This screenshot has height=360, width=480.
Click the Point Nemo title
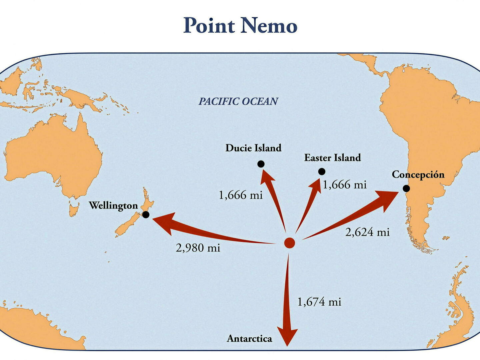[240, 25]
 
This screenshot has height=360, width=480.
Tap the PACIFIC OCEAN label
[238, 101]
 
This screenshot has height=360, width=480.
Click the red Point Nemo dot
[289, 243]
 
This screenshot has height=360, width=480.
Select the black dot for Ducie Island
[261, 164]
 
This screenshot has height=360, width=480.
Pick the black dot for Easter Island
[321, 171]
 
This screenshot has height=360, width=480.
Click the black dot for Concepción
[406, 188]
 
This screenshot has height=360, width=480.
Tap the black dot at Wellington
[146, 215]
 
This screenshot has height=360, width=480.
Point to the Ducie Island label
[253, 148]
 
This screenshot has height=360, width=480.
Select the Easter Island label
[332, 158]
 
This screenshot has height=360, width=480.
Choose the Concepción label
[418, 175]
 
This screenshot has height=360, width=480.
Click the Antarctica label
[250, 339]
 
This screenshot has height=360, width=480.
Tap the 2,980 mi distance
[198, 248]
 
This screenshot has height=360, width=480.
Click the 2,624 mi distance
[367, 232]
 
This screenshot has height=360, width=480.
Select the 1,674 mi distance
[319, 302]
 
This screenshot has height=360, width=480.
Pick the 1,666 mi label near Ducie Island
[241, 195]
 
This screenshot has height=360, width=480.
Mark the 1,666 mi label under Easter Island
[345, 185]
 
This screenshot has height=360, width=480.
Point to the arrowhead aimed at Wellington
[163, 223]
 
